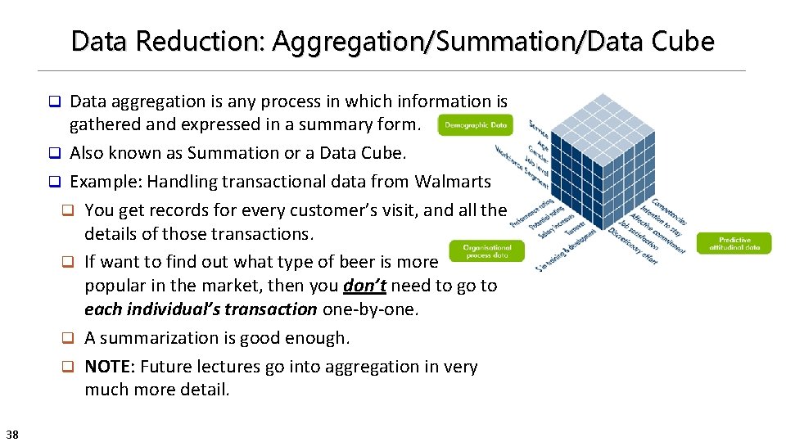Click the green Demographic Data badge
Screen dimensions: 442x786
pyautogui.click(x=476, y=125)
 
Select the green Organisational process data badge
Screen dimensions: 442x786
pyautogui.click(x=486, y=250)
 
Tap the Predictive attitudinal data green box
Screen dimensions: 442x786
pyautogui.click(x=734, y=243)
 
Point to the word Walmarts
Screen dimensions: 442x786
pyautogui.click(x=453, y=181)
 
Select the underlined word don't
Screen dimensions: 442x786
pyautogui.click(x=364, y=286)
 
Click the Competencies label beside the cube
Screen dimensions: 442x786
pyautogui.click(x=670, y=211)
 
